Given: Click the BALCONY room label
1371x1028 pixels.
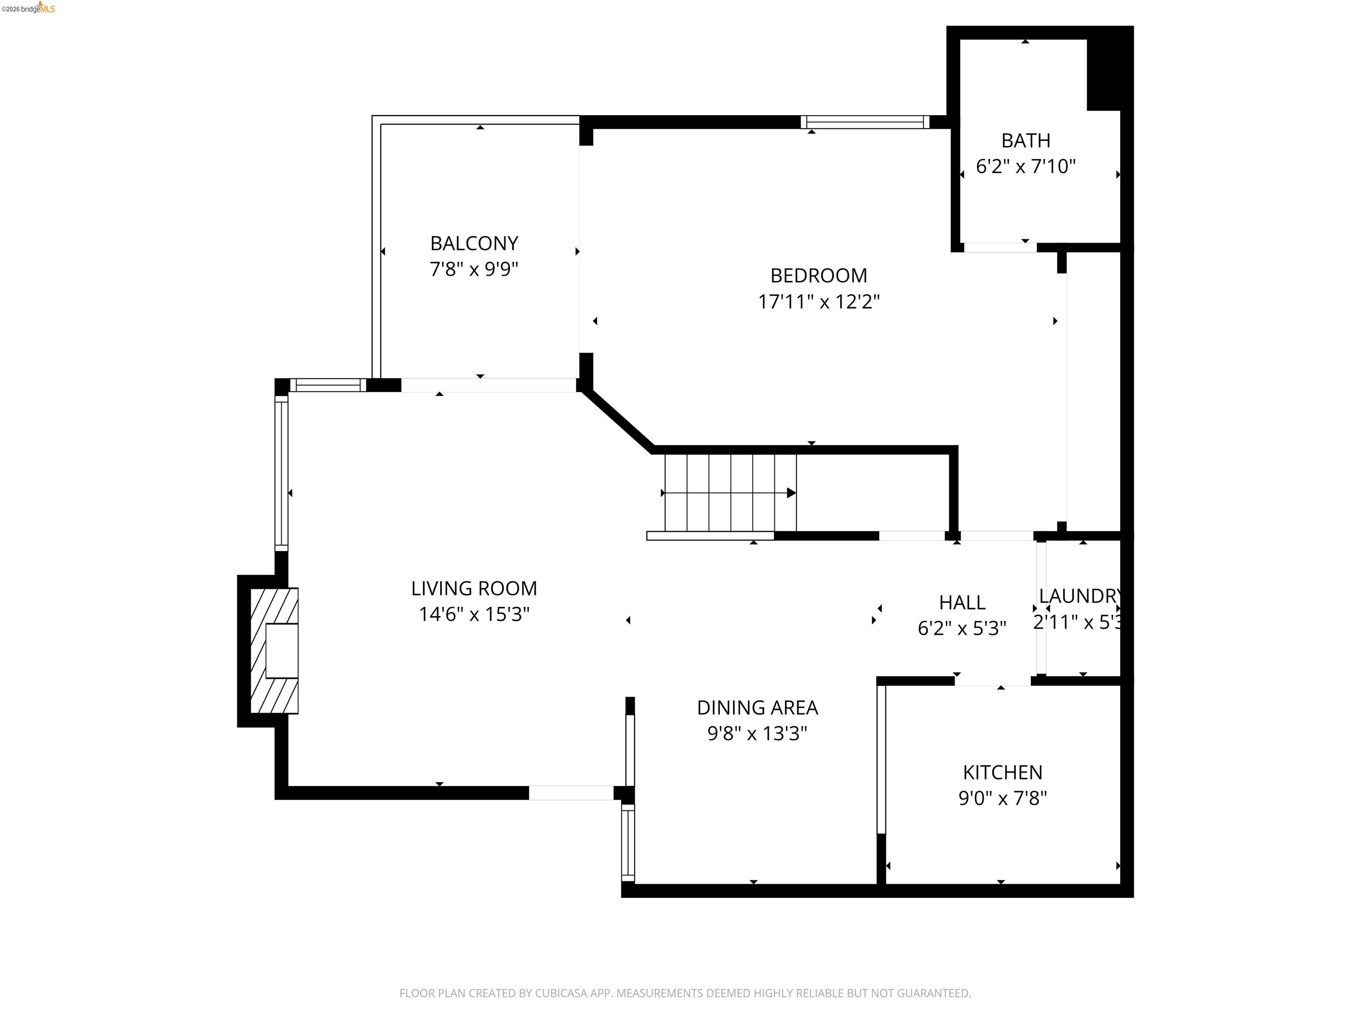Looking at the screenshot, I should click(x=474, y=244).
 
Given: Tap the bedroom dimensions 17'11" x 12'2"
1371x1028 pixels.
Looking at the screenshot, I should click(x=819, y=302).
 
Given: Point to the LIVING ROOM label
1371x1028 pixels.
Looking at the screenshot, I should click(x=474, y=588).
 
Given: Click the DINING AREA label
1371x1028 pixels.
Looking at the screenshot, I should click(x=757, y=707).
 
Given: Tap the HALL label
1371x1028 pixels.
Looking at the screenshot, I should click(x=962, y=602).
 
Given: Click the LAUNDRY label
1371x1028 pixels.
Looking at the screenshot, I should click(x=1079, y=596).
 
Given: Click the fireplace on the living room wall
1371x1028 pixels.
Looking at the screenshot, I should click(x=274, y=650).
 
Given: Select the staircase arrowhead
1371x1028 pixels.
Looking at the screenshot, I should click(x=791, y=493).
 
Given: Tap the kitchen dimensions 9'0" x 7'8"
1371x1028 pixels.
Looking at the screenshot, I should click(x=1002, y=798).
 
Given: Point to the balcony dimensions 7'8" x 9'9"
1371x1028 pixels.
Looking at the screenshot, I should click(x=474, y=269).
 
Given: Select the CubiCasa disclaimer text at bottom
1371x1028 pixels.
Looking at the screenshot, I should click(x=685, y=993).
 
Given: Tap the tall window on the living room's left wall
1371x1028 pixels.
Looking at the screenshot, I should click(x=282, y=473).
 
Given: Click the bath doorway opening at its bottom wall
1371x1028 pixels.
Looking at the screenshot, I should click(x=1000, y=247).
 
